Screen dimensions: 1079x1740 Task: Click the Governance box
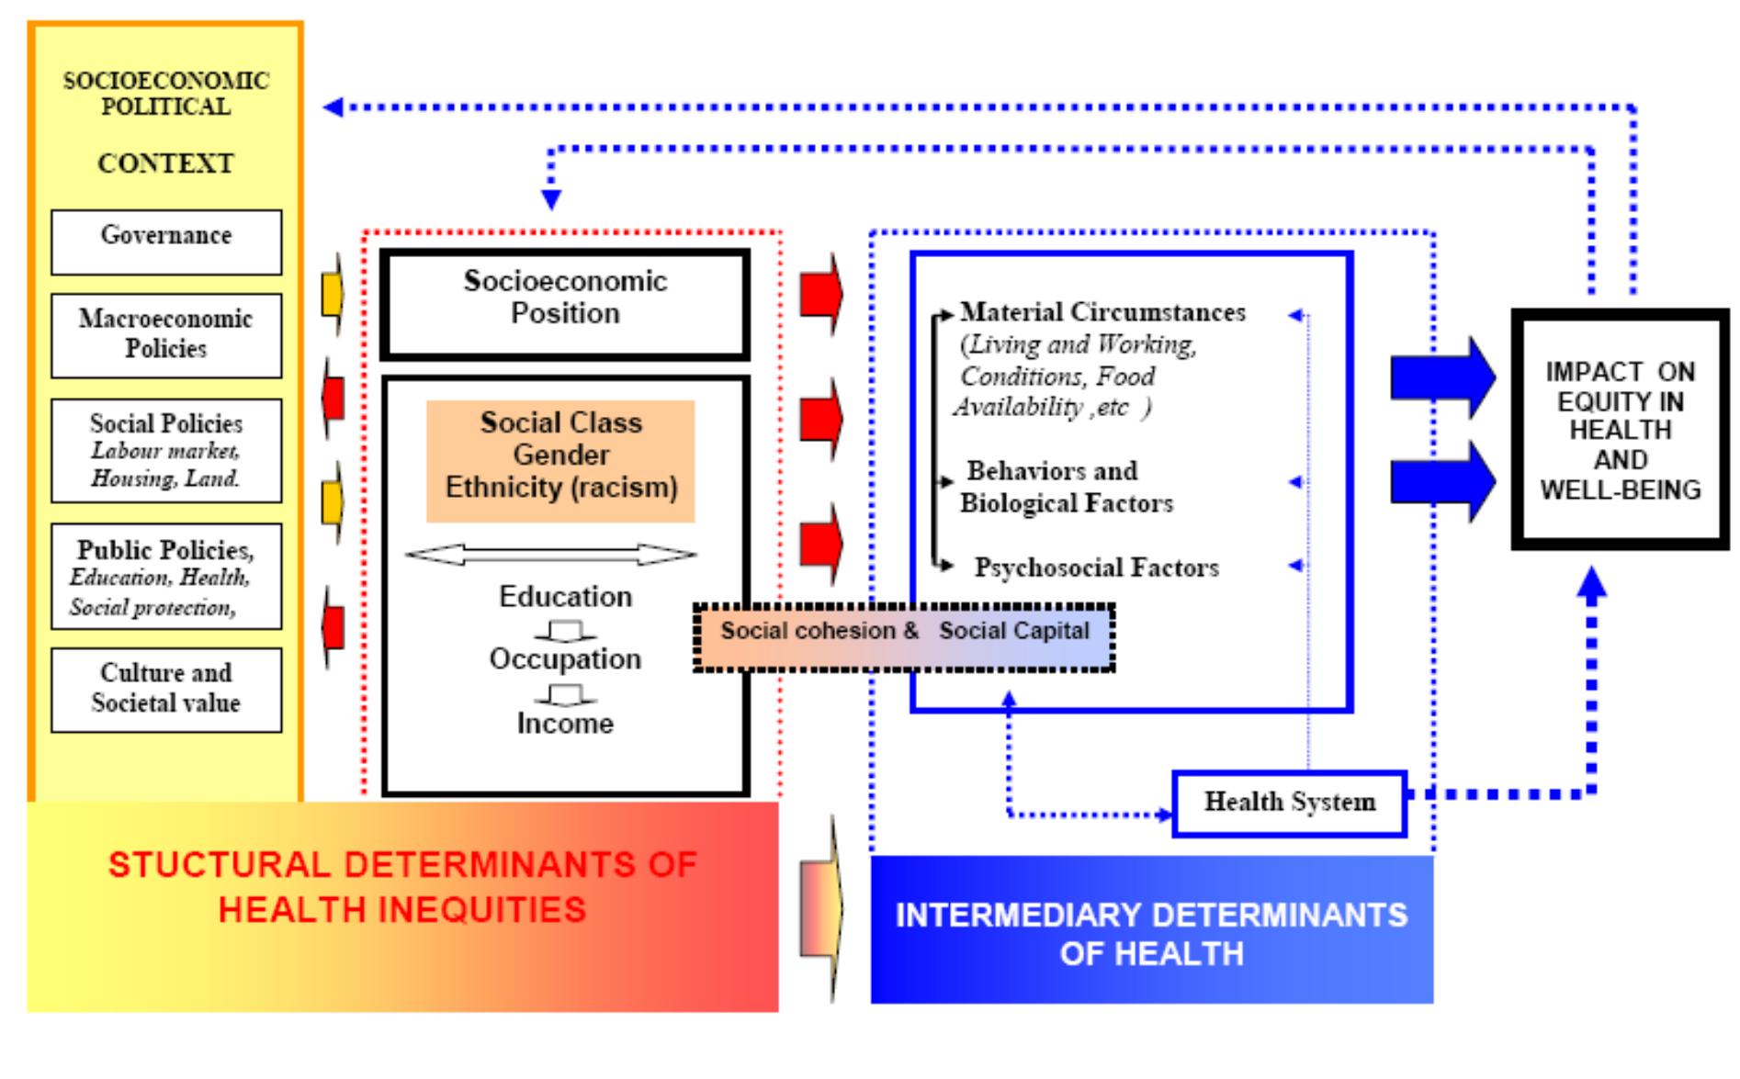166,242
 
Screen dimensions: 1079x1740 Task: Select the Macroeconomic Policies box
166,335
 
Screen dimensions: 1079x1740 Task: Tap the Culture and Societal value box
166,689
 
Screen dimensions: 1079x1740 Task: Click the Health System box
1289,804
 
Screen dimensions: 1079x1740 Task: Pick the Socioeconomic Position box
565,303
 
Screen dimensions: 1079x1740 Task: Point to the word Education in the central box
565,597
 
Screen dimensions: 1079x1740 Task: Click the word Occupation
565,659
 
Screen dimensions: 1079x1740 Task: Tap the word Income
565,724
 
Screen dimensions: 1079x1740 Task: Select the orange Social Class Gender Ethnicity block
560,460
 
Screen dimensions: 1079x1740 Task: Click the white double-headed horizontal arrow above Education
550,555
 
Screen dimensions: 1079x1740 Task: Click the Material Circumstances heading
1102,312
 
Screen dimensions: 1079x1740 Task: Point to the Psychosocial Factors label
1097,568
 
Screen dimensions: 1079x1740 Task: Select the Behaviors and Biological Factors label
1066,487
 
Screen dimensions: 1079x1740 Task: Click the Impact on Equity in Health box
1620,430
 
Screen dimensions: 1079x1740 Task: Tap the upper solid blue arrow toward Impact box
1442,377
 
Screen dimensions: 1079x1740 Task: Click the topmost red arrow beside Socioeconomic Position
820,295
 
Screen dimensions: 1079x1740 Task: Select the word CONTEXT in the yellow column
166,163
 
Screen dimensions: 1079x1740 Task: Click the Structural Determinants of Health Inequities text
402,887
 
